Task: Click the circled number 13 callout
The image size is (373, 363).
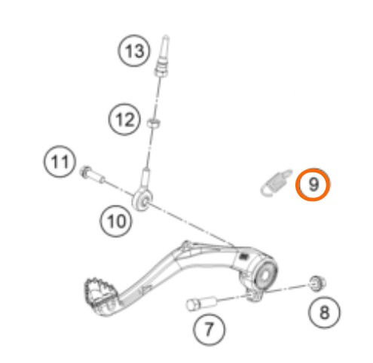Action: (134, 51)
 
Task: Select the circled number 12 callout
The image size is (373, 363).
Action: (124, 119)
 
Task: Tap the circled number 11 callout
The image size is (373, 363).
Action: (60, 161)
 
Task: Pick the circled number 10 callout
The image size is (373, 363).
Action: (116, 221)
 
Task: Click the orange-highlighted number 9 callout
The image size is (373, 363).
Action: (313, 185)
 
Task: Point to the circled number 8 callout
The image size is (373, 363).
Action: (324, 312)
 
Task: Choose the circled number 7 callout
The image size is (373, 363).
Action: (209, 329)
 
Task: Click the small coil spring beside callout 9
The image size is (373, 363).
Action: (276, 182)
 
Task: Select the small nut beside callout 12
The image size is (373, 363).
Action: (154, 123)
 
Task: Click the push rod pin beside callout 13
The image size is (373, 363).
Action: (162, 56)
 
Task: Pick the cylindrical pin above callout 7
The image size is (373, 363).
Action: (201, 303)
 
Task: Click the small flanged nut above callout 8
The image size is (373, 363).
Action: (317, 283)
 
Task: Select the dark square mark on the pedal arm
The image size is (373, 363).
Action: (243, 256)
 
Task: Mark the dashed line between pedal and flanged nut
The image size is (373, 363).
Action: (287, 288)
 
